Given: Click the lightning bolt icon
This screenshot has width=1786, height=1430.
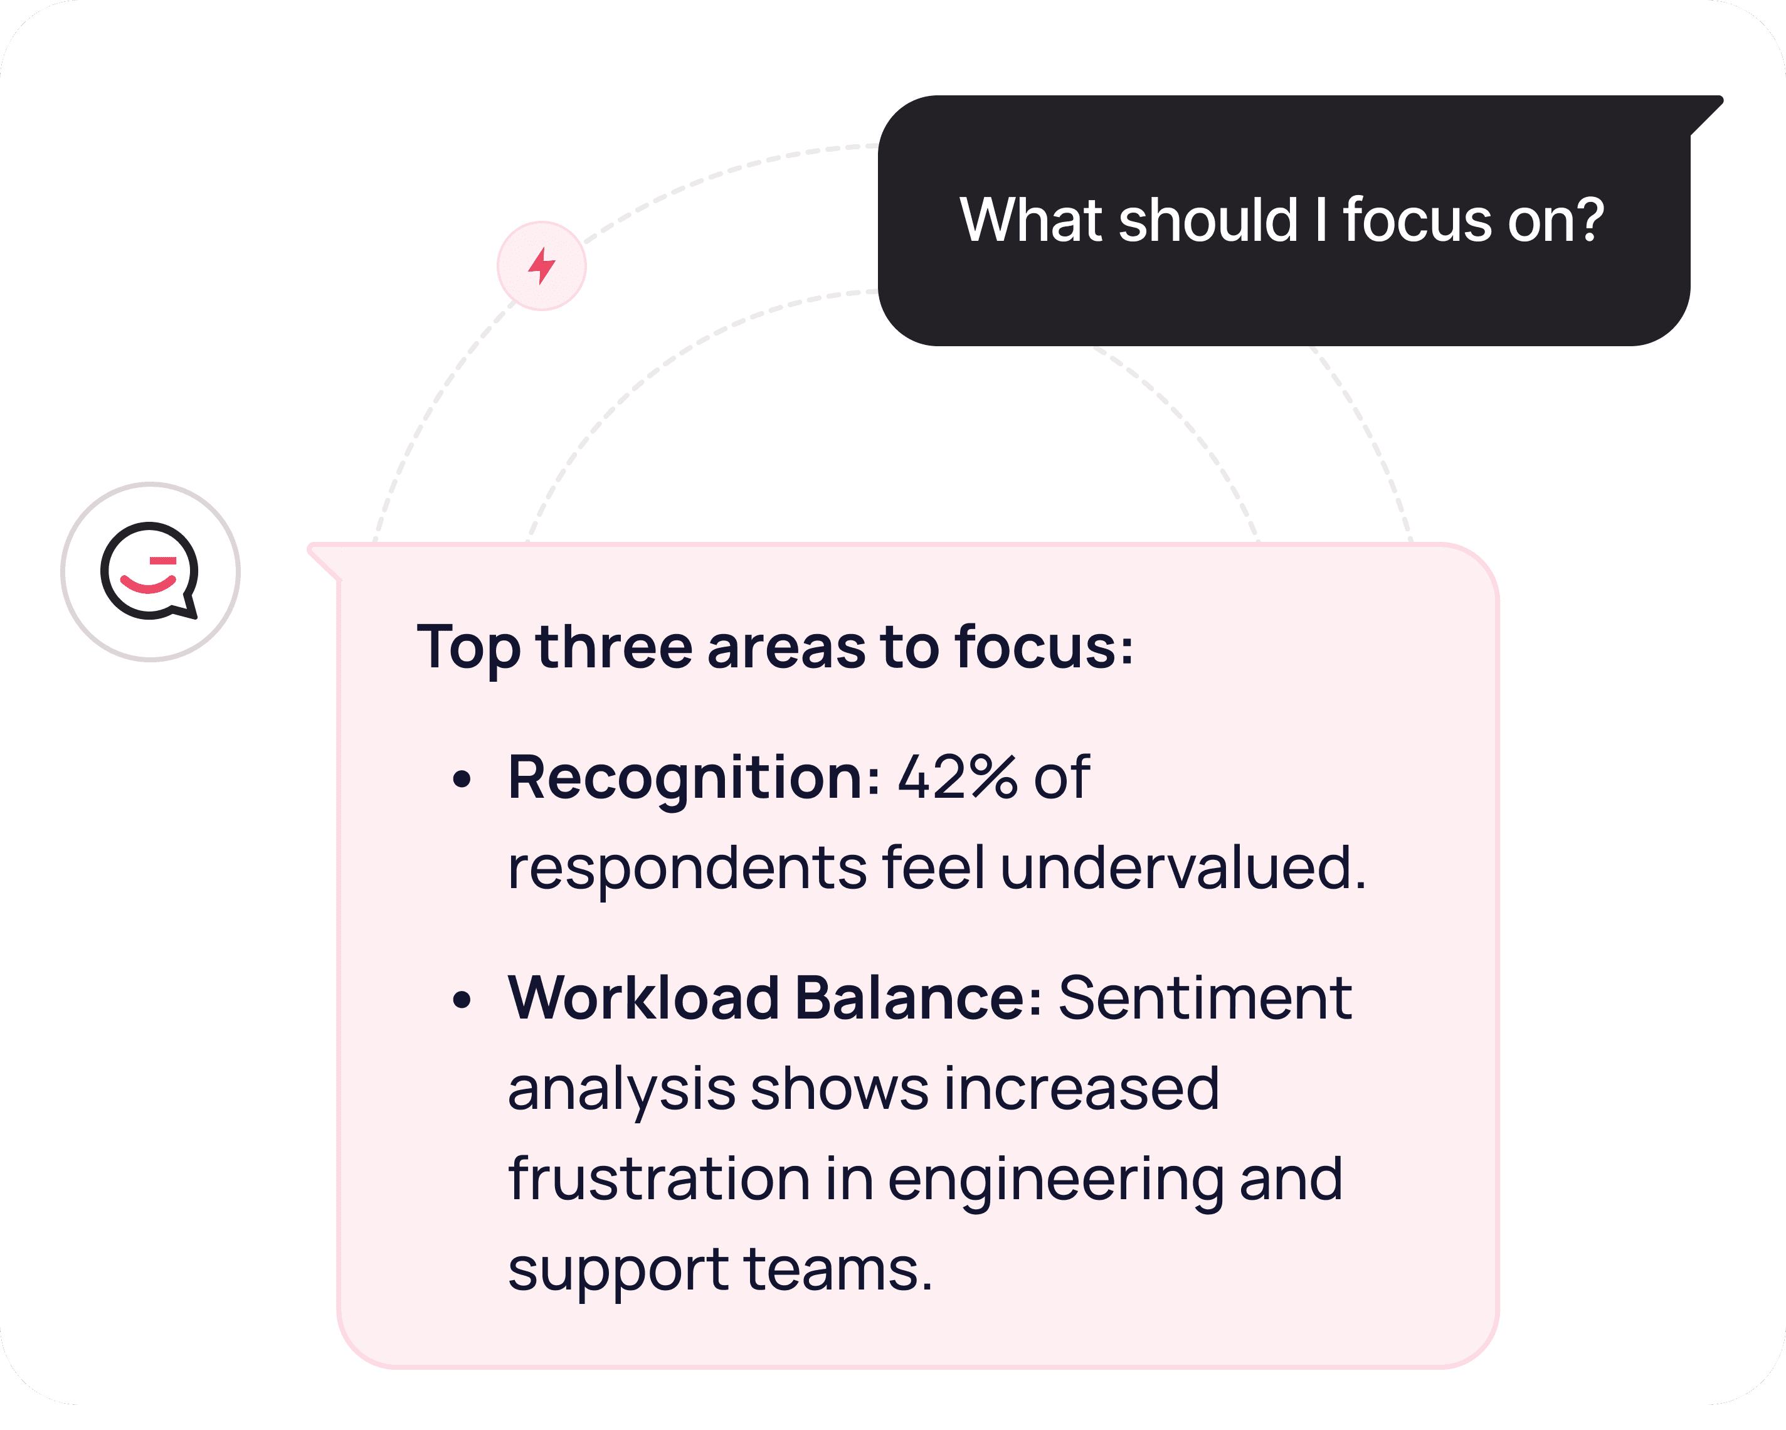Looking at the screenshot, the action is coord(542,266).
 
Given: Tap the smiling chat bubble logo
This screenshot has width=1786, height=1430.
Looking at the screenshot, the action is coord(150,571).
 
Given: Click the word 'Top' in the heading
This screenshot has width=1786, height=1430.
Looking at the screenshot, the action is coord(468,647).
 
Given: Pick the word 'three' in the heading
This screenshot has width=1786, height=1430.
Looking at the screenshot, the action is coord(614,647).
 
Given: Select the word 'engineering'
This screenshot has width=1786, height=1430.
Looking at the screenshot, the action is coord(1055,1180).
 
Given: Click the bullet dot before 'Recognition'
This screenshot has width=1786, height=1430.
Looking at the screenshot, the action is coord(462,779).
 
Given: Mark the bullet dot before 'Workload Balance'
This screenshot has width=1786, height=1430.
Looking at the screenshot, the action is coord(462,999).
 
